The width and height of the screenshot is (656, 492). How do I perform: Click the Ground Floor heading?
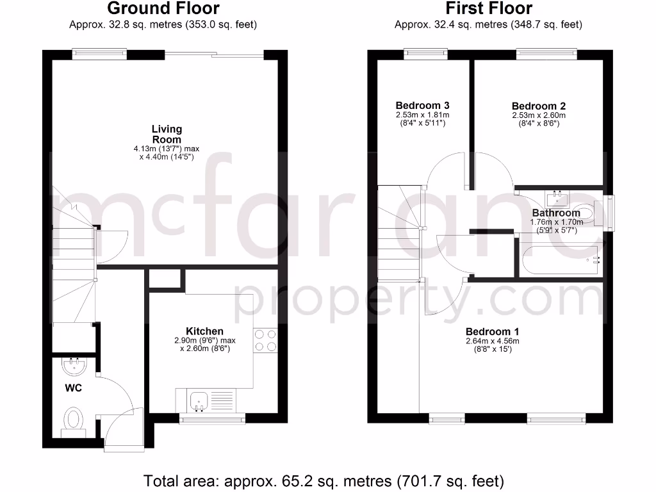(x=163, y=9)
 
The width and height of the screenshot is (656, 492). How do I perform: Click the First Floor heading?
(x=488, y=9)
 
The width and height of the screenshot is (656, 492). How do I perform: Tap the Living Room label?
(x=167, y=134)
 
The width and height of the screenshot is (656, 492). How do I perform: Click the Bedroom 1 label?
(x=492, y=331)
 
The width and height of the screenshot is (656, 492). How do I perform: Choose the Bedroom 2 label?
(x=539, y=106)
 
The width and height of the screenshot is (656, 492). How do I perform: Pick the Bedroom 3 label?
(x=422, y=105)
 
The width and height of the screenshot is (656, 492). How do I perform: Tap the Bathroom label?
(x=555, y=213)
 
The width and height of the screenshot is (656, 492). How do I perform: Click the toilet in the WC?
(x=74, y=422)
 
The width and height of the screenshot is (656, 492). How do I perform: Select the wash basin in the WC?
(x=74, y=367)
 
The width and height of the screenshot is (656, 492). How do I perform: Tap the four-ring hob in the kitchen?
(x=265, y=340)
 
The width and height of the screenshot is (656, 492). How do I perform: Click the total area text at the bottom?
(x=324, y=480)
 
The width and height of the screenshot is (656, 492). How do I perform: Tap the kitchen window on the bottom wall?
(x=212, y=420)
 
